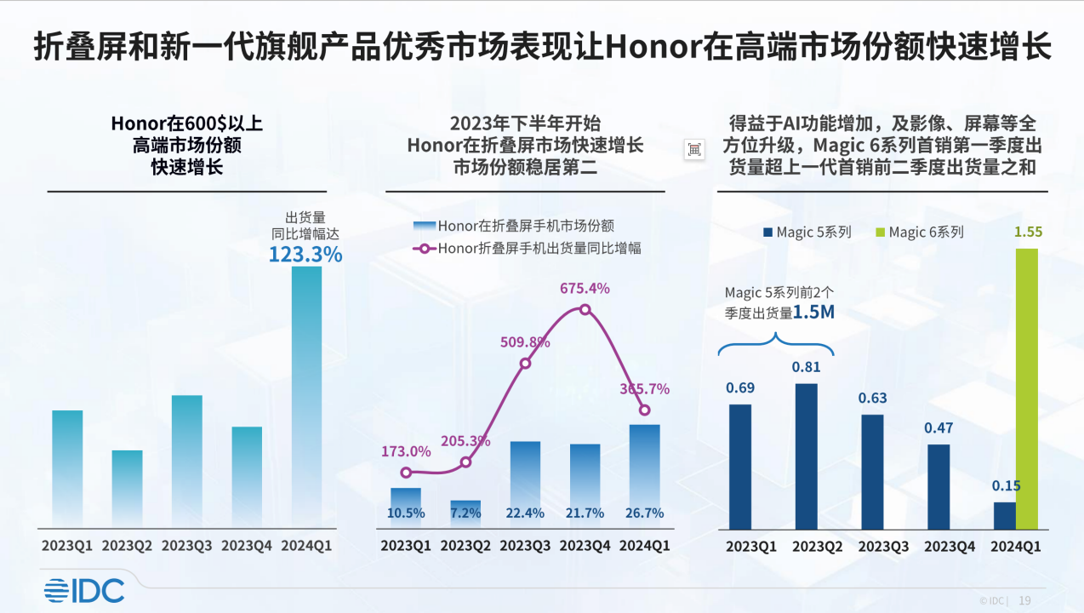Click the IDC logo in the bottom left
(x=84, y=590)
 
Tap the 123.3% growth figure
(x=305, y=254)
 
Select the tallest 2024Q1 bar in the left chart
(x=306, y=395)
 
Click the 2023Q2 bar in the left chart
(x=127, y=487)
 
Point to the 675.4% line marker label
(x=585, y=289)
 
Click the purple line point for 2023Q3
(x=525, y=364)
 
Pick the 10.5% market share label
(x=406, y=513)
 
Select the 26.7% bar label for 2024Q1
(x=644, y=513)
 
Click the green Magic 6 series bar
(x=1027, y=388)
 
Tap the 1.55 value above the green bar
(x=1028, y=232)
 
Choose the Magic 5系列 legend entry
(x=807, y=232)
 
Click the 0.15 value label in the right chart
(x=1007, y=486)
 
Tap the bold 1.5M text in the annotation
(x=814, y=312)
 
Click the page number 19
(x=1024, y=600)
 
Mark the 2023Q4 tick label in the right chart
(x=950, y=547)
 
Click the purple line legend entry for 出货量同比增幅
(x=527, y=249)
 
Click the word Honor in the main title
(x=653, y=48)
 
